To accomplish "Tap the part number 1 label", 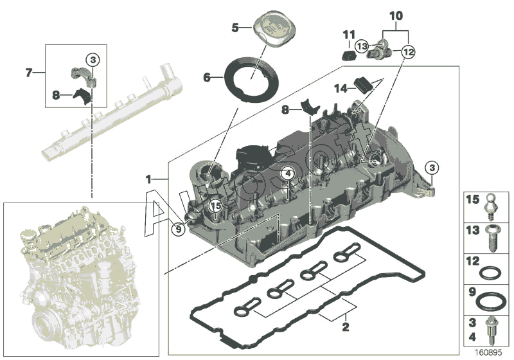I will tap(148, 177).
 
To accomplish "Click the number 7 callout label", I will tap(28, 73).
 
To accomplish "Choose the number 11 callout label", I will tap(348, 34).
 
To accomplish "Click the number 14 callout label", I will tap(341, 88).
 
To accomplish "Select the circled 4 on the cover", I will tap(288, 174).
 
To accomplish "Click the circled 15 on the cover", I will tap(216, 206).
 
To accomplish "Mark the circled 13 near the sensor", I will tap(362, 46).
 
